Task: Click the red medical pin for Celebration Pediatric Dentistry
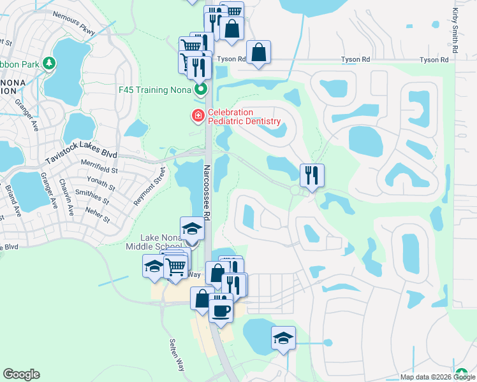197,115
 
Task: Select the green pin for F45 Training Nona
201,89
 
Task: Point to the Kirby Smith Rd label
455,31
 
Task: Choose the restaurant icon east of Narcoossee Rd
312,174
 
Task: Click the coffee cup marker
221,310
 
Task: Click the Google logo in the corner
21,374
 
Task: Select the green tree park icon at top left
49,63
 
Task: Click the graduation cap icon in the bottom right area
283,337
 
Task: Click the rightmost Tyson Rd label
434,60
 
